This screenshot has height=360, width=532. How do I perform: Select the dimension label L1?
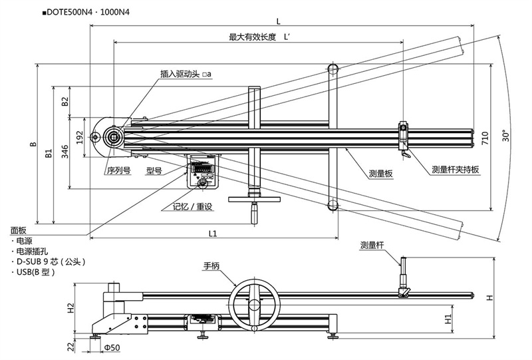click(x=212, y=234)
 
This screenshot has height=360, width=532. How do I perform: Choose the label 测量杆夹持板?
click(x=456, y=169)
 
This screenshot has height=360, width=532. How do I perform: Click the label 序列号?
click(x=118, y=170)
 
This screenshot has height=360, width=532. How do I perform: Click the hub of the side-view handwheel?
click(x=253, y=305)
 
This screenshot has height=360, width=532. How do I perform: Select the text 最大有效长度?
click(x=252, y=37)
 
